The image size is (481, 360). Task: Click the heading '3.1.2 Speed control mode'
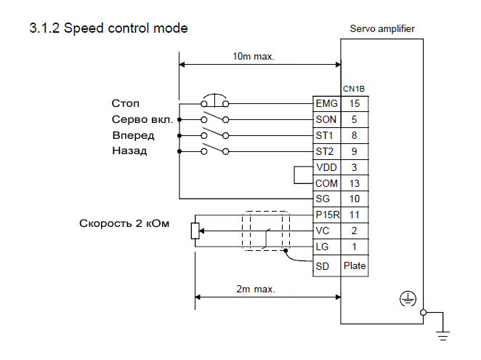pyautogui.click(x=108, y=29)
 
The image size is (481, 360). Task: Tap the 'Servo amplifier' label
pyautogui.click(x=382, y=29)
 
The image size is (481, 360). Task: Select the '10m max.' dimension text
pyautogui.click(x=254, y=57)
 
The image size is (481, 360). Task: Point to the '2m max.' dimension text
pyautogui.click(x=256, y=289)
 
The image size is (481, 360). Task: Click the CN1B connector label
pyautogui.click(x=353, y=89)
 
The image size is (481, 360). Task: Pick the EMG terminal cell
pyautogui.click(x=326, y=104)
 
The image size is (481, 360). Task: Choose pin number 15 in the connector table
pyautogui.click(x=355, y=104)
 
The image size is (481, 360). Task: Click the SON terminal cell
pyautogui.click(x=326, y=119)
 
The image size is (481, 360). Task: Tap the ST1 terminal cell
pyautogui.click(x=326, y=135)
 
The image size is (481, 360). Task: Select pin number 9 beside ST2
pyautogui.click(x=355, y=151)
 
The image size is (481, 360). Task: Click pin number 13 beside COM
pyautogui.click(x=355, y=183)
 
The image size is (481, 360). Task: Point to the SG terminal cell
pyautogui.click(x=326, y=199)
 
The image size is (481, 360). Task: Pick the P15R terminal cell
pyautogui.click(x=326, y=215)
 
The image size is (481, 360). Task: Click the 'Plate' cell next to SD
pyautogui.click(x=355, y=266)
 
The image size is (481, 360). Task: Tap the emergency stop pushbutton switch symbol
pyautogui.click(x=215, y=101)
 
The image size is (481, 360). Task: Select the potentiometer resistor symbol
pyautogui.click(x=194, y=231)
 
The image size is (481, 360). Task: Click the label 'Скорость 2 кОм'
pyautogui.click(x=124, y=223)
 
